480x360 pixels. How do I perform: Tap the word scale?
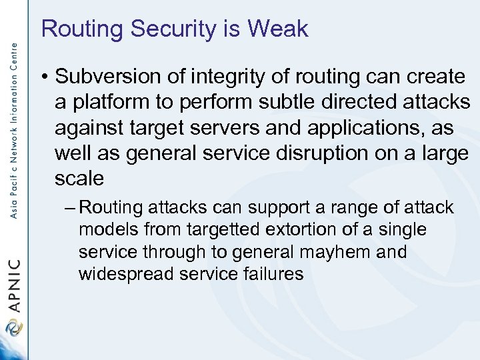[80, 178]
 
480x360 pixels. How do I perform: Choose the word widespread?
[125, 275]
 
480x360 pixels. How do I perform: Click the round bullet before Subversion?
[44, 77]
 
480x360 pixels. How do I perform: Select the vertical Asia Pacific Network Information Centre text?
[14, 120]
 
